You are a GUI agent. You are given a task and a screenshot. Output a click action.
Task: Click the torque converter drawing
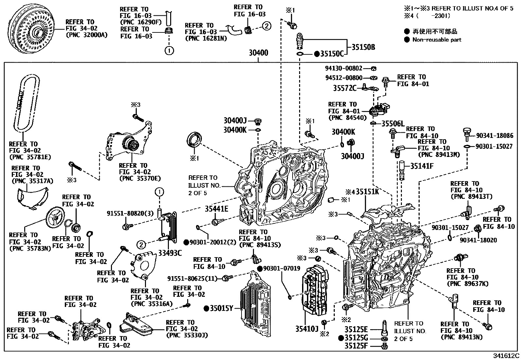point(33,30)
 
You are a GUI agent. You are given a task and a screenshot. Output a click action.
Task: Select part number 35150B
point(363,47)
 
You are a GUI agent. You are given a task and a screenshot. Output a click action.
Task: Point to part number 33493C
point(170,253)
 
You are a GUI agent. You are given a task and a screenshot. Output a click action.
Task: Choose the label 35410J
point(307,329)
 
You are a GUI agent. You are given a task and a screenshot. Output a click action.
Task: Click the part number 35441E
point(216,209)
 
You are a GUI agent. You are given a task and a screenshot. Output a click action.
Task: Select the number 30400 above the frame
point(258,53)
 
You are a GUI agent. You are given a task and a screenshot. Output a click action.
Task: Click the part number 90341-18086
point(495,135)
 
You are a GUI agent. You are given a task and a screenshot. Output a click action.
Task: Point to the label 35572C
point(345,88)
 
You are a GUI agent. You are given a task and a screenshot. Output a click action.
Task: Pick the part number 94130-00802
point(344,68)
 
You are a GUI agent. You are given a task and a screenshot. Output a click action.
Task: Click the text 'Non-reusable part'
point(437,40)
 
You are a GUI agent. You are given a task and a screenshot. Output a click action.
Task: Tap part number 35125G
point(356,338)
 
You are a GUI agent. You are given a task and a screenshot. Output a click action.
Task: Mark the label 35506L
point(393,123)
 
